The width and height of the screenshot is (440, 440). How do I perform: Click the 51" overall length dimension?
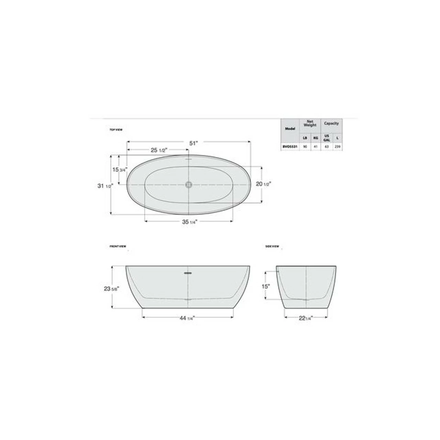click(194, 143)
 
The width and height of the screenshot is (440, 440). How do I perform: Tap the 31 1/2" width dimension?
click(105, 186)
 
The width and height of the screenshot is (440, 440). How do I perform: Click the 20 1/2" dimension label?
click(263, 184)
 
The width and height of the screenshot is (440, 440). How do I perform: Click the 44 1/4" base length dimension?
click(187, 318)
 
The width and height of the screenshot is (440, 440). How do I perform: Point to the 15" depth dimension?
click(265, 286)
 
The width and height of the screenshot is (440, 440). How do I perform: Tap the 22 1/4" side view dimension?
click(305, 318)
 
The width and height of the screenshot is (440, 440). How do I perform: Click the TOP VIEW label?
click(116, 130)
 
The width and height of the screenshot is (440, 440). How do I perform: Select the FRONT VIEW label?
click(118, 246)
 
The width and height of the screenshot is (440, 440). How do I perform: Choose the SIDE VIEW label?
click(272, 246)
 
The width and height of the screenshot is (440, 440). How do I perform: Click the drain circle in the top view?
click(189, 185)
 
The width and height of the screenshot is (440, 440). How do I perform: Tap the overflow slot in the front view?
click(188, 273)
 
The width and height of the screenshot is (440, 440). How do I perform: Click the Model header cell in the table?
click(290, 129)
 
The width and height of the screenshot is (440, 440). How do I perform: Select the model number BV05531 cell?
click(290, 146)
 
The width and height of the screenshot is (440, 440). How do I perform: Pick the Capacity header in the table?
click(331, 123)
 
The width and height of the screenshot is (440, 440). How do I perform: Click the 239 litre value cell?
click(338, 146)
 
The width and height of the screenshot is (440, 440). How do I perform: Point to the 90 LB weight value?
click(305, 146)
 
